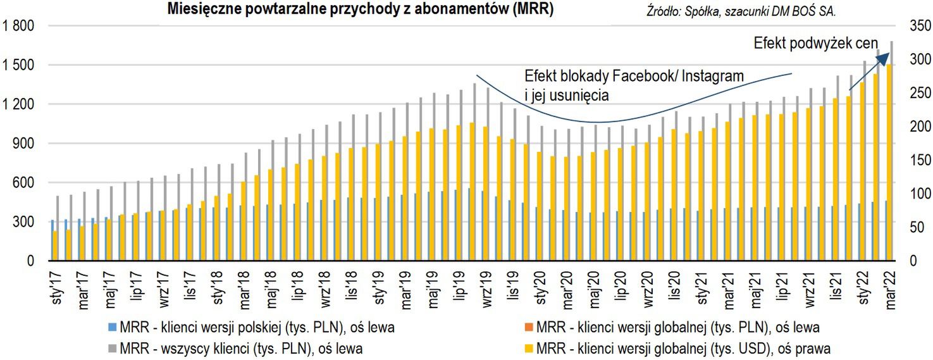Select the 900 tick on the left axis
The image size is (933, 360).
[x=23, y=144]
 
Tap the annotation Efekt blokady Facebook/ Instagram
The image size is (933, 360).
[x=634, y=76]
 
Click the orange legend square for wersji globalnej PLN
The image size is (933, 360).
[x=529, y=328]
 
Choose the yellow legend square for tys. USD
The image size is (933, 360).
[x=529, y=347]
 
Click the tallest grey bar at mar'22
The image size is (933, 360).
[x=892, y=152]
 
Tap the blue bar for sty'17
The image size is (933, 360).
[x=52, y=240]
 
